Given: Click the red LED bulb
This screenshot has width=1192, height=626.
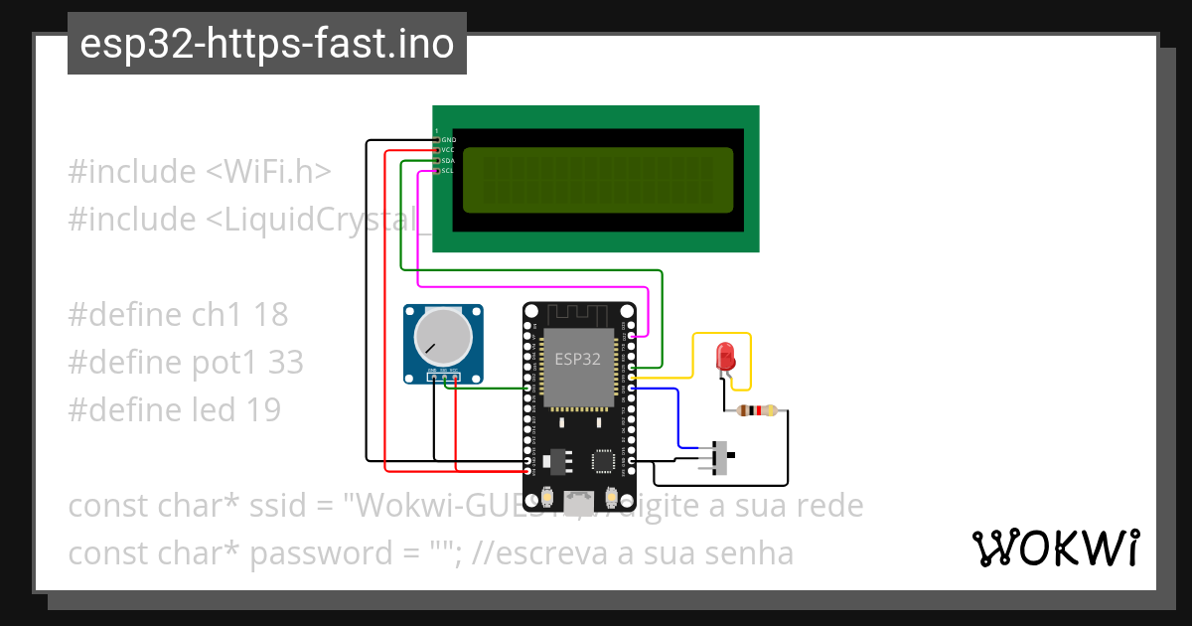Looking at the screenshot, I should (x=726, y=355).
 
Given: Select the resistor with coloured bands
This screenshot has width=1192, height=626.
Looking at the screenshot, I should (x=760, y=410).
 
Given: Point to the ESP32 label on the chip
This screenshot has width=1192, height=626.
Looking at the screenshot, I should (x=577, y=359).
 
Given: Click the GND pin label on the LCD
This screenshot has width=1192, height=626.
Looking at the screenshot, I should (x=448, y=140).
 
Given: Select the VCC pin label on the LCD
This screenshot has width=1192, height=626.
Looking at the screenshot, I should (x=448, y=150).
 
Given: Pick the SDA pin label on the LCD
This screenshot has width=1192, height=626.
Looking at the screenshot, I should (x=448, y=160).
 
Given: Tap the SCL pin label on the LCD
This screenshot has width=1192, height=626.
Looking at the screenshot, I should (x=448, y=170).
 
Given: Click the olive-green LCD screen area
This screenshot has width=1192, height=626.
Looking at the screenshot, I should (x=597, y=180).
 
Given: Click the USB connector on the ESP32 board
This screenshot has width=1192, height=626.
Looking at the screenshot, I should (x=577, y=499).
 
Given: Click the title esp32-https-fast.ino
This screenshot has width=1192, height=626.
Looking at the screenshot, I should (x=266, y=44).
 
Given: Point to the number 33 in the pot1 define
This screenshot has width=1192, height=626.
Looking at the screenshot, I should (x=286, y=362).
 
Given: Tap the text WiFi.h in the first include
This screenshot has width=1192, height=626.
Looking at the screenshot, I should (x=268, y=172).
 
